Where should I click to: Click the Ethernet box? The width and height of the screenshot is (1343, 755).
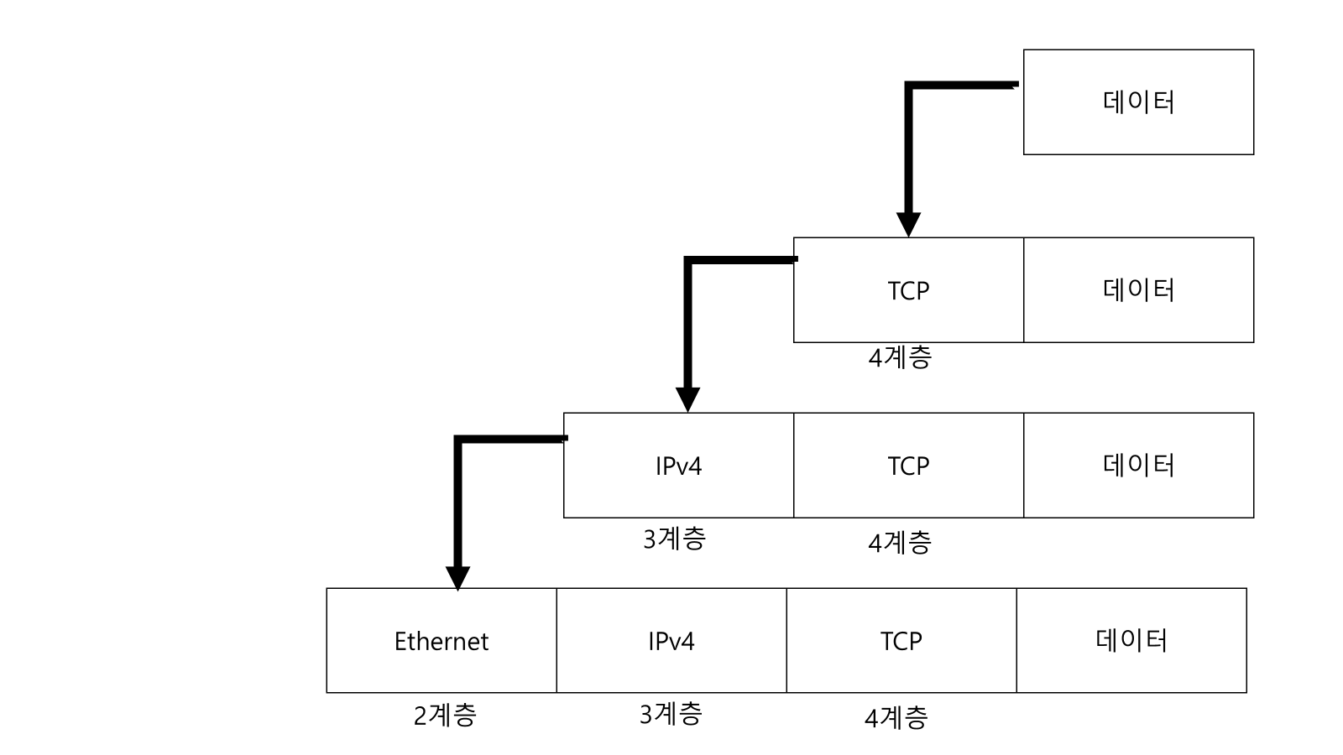(x=442, y=640)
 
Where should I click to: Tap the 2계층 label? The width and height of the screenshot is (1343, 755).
(x=445, y=715)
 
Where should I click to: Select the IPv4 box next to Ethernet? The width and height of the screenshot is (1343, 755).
(x=671, y=640)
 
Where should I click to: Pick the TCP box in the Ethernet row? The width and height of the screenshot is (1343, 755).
(x=901, y=640)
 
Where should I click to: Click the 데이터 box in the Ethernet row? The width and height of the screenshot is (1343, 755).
(x=1131, y=640)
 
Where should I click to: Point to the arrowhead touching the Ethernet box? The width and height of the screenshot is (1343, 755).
(x=457, y=578)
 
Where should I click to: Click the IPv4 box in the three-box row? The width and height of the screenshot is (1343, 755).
(x=678, y=465)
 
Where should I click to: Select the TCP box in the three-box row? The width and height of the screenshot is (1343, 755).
(x=908, y=465)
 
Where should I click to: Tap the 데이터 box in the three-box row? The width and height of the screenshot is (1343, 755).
(x=1138, y=465)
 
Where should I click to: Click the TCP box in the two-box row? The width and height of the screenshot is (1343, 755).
(x=908, y=289)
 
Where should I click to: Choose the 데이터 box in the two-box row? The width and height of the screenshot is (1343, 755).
(x=1138, y=289)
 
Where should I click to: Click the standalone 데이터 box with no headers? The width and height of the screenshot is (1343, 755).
(x=1138, y=102)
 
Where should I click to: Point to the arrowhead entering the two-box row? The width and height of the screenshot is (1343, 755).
(x=908, y=225)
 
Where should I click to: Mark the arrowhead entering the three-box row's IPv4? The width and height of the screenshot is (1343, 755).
(x=687, y=400)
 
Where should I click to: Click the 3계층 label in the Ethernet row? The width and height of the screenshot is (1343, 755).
(x=671, y=714)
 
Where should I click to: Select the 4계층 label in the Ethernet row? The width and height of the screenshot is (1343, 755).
(x=896, y=717)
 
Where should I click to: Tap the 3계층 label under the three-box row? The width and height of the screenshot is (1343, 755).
(x=674, y=539)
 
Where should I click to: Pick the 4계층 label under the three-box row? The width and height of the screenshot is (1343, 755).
(x=900, y=543)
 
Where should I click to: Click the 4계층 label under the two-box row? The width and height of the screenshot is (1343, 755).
(x=900, y=357)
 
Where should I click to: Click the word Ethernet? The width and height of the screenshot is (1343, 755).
(x=442, y=641)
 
